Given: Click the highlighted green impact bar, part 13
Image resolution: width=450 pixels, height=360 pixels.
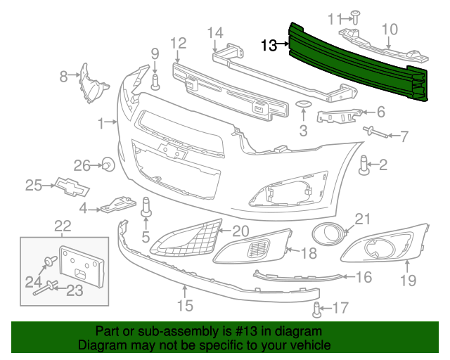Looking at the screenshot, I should (x=359, y=63).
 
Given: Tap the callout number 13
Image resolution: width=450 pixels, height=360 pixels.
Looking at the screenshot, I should (x=269, y=46).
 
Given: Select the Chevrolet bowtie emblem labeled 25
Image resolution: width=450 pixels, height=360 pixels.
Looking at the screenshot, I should (x=70, y=186).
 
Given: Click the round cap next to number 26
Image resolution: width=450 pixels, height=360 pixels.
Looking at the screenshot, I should (x=108, y=166).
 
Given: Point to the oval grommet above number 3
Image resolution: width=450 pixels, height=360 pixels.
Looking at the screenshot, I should (x=303, y=105).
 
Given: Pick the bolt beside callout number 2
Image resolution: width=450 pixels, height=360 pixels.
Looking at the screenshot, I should (x=364, y=165).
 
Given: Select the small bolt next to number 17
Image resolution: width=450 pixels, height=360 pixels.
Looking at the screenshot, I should (x=317, y=307).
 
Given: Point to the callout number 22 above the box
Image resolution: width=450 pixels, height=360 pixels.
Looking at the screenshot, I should (x=63, y=226).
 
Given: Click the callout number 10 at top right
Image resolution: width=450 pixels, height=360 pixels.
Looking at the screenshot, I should (x=389, y=29).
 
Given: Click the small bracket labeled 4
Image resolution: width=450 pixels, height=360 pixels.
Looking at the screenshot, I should (x=117, y=204).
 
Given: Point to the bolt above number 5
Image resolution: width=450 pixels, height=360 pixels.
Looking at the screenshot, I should (x=148, y=207).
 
